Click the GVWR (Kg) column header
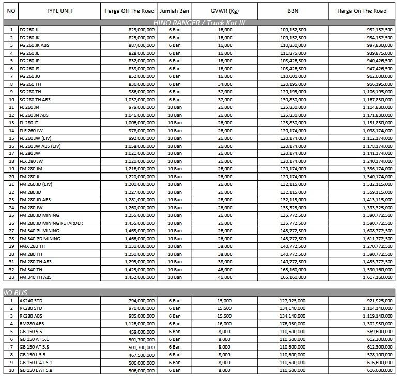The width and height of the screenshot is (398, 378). [x=225, y=11]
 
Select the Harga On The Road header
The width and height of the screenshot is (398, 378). [x=361, y=11]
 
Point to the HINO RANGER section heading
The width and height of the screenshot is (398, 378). [x=198, y=23]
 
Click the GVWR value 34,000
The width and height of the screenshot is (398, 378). [x=225, y=84]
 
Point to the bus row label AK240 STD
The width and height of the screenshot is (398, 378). [x=30, y=301]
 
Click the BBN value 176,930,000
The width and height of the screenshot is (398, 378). [x=293, y=324]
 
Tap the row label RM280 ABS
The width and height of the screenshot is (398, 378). [x=30, y=324]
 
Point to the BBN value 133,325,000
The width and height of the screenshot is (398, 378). [x=293, y=208]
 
